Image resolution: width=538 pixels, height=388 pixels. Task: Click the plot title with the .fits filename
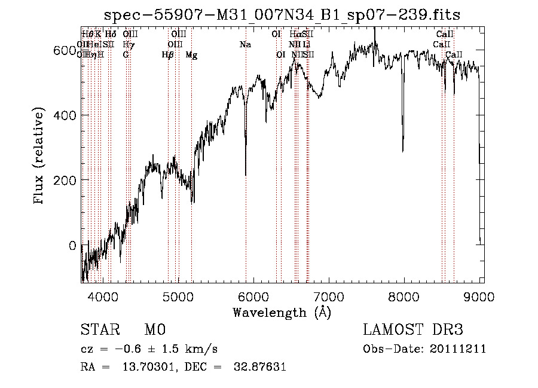coord(282,15)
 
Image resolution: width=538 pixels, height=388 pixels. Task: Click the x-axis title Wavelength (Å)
coord(282,312)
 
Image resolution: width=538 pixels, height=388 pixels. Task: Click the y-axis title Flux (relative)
coord(39,157)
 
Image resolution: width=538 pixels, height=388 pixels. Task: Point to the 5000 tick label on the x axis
coord(178,296)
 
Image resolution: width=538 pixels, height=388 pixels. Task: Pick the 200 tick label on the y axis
coord(63,180)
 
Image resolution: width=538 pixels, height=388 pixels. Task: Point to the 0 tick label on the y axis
coord(72,245)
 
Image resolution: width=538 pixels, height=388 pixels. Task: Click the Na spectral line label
coord(245,44)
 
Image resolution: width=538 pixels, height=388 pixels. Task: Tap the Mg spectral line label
coord(191,55)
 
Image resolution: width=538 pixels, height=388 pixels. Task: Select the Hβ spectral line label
coord(168,55)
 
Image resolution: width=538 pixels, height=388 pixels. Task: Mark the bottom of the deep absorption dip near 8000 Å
coord(403,151)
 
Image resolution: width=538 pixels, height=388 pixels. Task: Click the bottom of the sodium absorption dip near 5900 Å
coord(246,175)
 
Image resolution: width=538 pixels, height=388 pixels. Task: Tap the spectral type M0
coord(154,330)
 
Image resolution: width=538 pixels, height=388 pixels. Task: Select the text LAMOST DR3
coord(413,330)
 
